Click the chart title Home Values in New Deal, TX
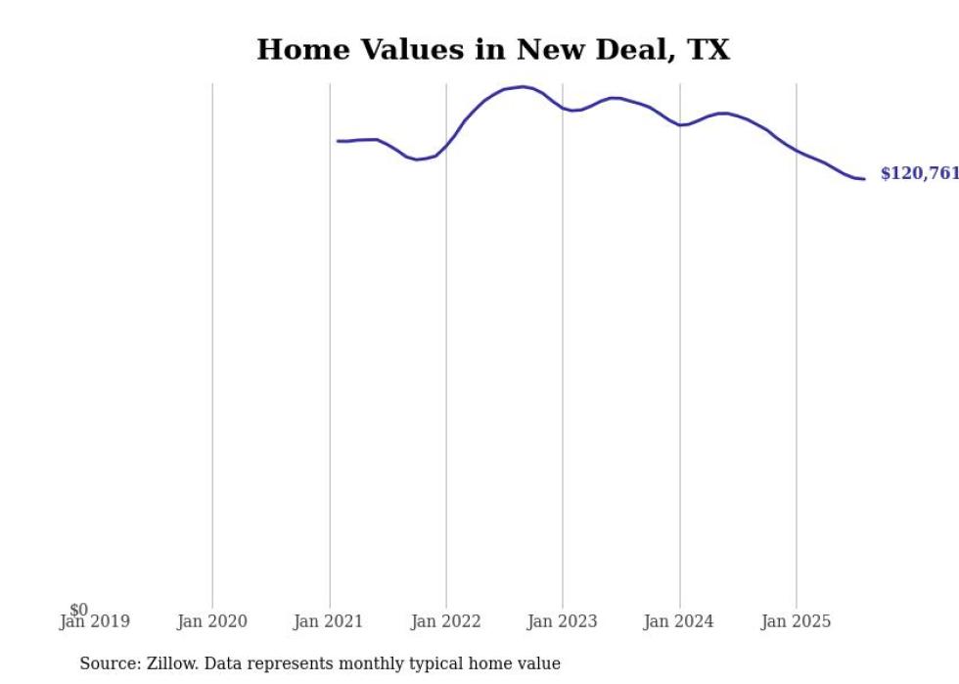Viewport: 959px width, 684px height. [x=493, y=50]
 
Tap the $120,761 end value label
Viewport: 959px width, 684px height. [x=919, y=174]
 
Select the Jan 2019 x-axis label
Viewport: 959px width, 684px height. [x=95, y=621]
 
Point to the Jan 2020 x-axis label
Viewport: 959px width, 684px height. [x=212, y=621]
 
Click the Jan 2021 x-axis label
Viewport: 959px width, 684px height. [x=329, y=621]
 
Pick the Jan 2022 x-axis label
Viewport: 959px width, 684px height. [x=446, y=621]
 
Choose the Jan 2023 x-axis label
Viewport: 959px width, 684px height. [x=563, y=621]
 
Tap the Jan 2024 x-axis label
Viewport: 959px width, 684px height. [x=680, y=621]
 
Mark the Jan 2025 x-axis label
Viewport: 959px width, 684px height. [x=797, y=621]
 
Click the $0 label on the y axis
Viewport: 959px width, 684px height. [x=78, y=610]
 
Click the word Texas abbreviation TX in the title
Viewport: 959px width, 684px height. [x=709, y=50]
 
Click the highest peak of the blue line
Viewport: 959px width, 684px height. [x=524, y=87]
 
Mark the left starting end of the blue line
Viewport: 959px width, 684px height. [x=338, y=141]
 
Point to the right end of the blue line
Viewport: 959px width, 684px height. [x=864, y=178]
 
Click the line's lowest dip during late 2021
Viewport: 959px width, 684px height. [x=417, y=160]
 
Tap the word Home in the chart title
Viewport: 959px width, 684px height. [x=297, y=50]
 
